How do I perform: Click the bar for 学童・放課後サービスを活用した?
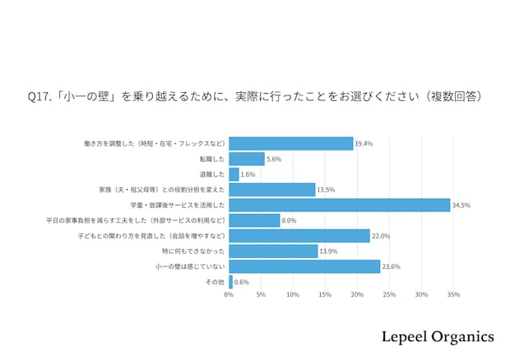click(339, 205)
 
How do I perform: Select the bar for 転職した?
click(247, 159)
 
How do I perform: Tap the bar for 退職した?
click(234, 174)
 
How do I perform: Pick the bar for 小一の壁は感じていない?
click(304, 266)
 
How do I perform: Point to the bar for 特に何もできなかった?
click(273, 251)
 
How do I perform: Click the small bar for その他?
click(231, 282)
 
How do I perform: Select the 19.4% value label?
click(364, 144)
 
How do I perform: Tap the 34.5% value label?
click(461, 205)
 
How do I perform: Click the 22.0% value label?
click(381, 236)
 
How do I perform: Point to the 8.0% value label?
click(290, 220)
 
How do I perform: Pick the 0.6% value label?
click(242, 282)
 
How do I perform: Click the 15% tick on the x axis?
click(325, 294)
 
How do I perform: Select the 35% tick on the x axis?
click(453, 294)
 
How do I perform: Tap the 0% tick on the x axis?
click(229, 294)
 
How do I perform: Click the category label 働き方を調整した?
click(155, 144)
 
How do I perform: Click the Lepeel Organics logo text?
click(438, 337)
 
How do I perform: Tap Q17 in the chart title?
click(38, 96)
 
